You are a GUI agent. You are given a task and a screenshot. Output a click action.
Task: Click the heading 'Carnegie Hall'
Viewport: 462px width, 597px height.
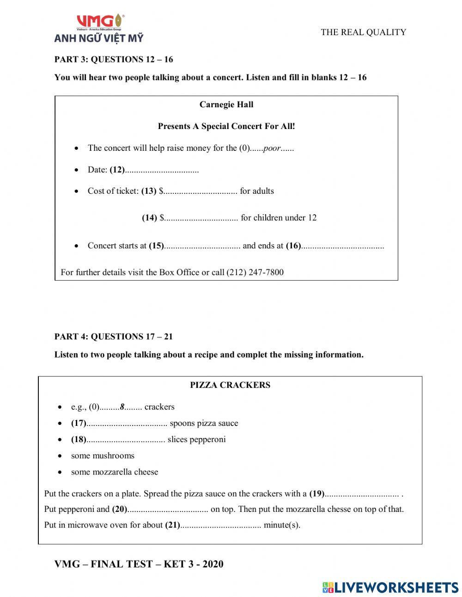[226, 105]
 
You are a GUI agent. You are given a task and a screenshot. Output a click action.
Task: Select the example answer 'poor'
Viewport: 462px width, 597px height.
[272, 148]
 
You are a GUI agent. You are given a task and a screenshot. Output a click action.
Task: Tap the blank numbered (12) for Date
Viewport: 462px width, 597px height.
[162, 170]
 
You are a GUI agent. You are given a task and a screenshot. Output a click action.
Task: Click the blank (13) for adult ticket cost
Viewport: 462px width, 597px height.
[200, 191]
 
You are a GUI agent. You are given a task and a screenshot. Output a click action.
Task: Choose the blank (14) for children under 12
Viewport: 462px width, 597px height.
[201, 218]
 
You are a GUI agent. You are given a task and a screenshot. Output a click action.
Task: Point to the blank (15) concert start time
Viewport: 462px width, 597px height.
[202, 246]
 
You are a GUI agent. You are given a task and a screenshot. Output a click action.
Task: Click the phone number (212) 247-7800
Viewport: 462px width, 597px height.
[255, 272]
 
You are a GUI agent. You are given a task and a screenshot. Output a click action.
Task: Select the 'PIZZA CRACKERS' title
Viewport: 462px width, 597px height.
[230, 385]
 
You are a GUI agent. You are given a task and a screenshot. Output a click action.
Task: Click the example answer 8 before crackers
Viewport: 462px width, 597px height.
[122, 407]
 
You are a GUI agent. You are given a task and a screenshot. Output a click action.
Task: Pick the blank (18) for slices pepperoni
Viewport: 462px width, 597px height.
[126, 440]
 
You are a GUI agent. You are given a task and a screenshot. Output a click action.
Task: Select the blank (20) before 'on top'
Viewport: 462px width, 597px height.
[167, 510]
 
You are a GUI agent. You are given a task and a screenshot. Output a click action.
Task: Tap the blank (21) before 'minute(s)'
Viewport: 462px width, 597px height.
[220, 525]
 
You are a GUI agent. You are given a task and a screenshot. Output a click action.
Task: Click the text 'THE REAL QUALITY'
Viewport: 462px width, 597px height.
[364, 32]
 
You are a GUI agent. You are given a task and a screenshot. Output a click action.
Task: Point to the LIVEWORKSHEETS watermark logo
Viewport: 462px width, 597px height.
[390, 587]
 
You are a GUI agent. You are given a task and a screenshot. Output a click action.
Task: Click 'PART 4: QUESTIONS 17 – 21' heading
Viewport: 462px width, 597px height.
[114, 337]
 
